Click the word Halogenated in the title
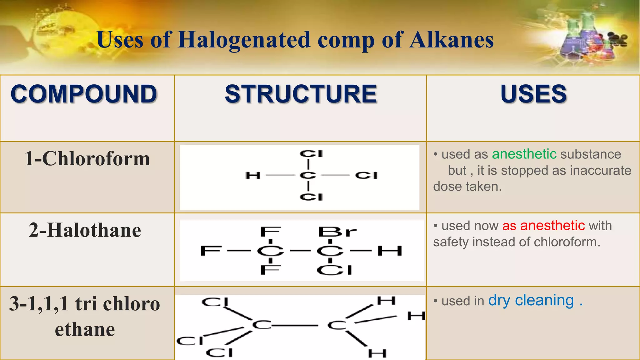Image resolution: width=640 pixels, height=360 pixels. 244,40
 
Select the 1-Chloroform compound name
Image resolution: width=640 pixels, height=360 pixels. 87,158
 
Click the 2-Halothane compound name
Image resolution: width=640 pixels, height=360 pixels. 85,230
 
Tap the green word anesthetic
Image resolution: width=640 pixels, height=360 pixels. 524,154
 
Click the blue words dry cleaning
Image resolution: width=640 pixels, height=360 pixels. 531,301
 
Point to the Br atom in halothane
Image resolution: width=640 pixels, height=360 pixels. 337,232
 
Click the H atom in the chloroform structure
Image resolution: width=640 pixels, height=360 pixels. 253,175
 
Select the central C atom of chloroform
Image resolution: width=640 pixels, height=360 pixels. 308,175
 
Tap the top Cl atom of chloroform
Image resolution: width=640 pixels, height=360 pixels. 311,154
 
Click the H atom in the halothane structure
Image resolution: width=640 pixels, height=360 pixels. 389,251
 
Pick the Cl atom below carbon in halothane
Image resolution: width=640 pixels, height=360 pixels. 334,270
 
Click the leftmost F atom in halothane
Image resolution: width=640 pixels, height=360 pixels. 211,251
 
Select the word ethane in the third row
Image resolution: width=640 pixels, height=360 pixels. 85,330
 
